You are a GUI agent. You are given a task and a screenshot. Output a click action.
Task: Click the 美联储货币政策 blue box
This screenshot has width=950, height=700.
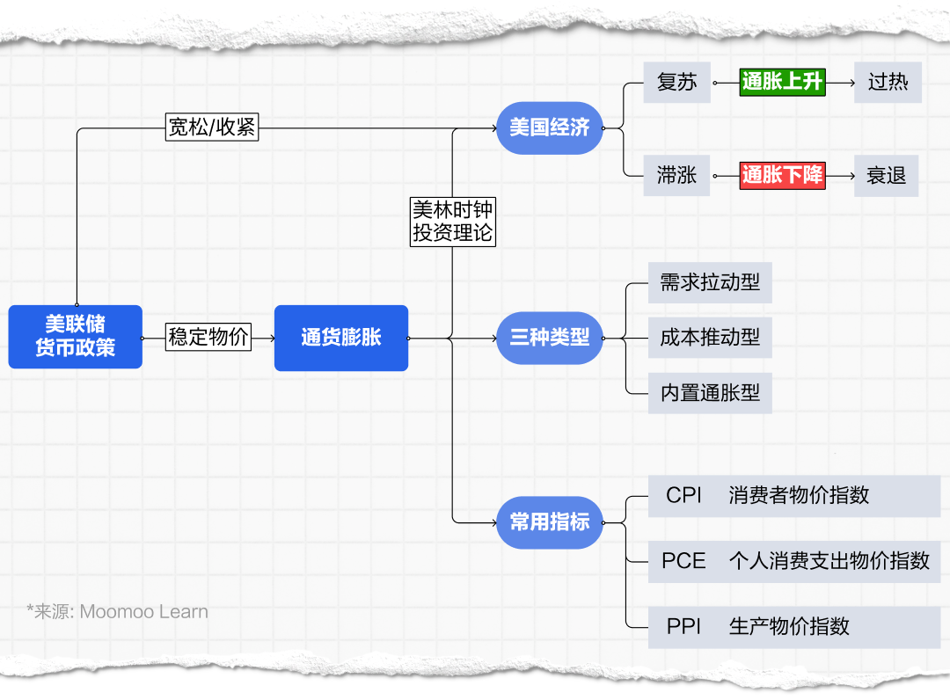tap(76, 336)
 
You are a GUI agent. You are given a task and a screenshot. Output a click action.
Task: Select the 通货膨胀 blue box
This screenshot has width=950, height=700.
tap(341, 338)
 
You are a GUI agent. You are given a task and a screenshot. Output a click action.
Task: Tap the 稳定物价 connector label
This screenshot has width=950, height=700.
tap(209, 337)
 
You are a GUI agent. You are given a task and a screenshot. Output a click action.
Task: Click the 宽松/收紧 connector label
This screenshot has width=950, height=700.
tap(212, 128)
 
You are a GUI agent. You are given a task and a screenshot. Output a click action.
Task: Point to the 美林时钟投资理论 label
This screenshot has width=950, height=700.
tap(453, 222)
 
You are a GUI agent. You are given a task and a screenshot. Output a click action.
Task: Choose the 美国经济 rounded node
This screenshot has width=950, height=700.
tap(550, 128)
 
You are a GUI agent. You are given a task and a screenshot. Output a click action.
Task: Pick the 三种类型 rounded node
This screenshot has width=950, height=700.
tap(550, 338)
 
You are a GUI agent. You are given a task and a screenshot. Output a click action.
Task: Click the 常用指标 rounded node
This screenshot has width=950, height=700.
tap(550, 521)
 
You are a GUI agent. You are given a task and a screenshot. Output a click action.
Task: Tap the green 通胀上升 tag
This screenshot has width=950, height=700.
tap(782, 83)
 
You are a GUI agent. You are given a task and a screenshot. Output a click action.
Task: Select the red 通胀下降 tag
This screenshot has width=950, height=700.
tap(782, 176)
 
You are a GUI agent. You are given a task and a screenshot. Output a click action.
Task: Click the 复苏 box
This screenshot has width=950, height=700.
tap(676, 83)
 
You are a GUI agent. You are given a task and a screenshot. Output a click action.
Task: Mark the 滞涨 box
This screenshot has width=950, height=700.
tap(676, 176)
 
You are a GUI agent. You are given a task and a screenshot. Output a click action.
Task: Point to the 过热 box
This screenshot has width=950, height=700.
tap(888, 83)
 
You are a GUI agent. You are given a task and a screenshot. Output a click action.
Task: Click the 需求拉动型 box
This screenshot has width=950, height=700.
tap(710, 283)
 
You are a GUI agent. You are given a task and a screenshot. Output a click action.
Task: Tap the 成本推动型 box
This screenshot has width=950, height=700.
tap(710, 338)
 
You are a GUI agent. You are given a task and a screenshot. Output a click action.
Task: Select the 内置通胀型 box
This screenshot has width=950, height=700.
tap(710, 393)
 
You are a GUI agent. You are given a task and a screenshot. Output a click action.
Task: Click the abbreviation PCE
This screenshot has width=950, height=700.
tap(683, 561)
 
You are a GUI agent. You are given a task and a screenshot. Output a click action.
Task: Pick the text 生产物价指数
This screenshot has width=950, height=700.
tap(789, 627)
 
